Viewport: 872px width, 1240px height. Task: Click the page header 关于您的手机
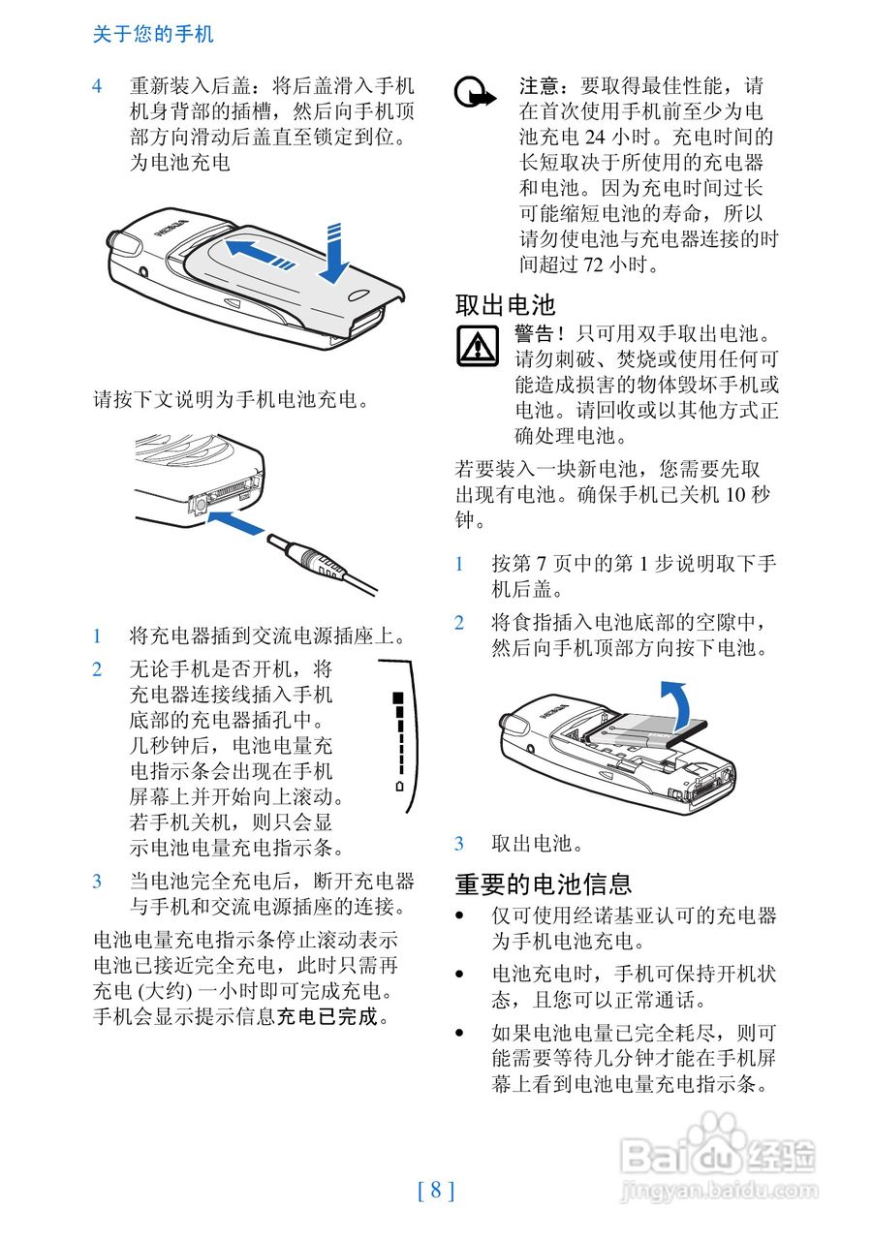point(153,35)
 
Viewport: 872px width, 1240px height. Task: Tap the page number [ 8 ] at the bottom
point(436,1191)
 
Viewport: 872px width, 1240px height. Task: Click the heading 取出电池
point(506,305)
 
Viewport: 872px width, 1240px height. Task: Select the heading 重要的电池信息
point(544,883)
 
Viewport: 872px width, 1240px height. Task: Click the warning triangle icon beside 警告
point(477,346)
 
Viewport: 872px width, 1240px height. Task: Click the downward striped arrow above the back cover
point(333,255)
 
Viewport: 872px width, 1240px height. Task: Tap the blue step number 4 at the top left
point(98,86)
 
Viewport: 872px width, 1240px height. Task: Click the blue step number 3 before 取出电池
point(460,844)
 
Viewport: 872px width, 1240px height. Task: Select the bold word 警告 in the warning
point(536,334)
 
